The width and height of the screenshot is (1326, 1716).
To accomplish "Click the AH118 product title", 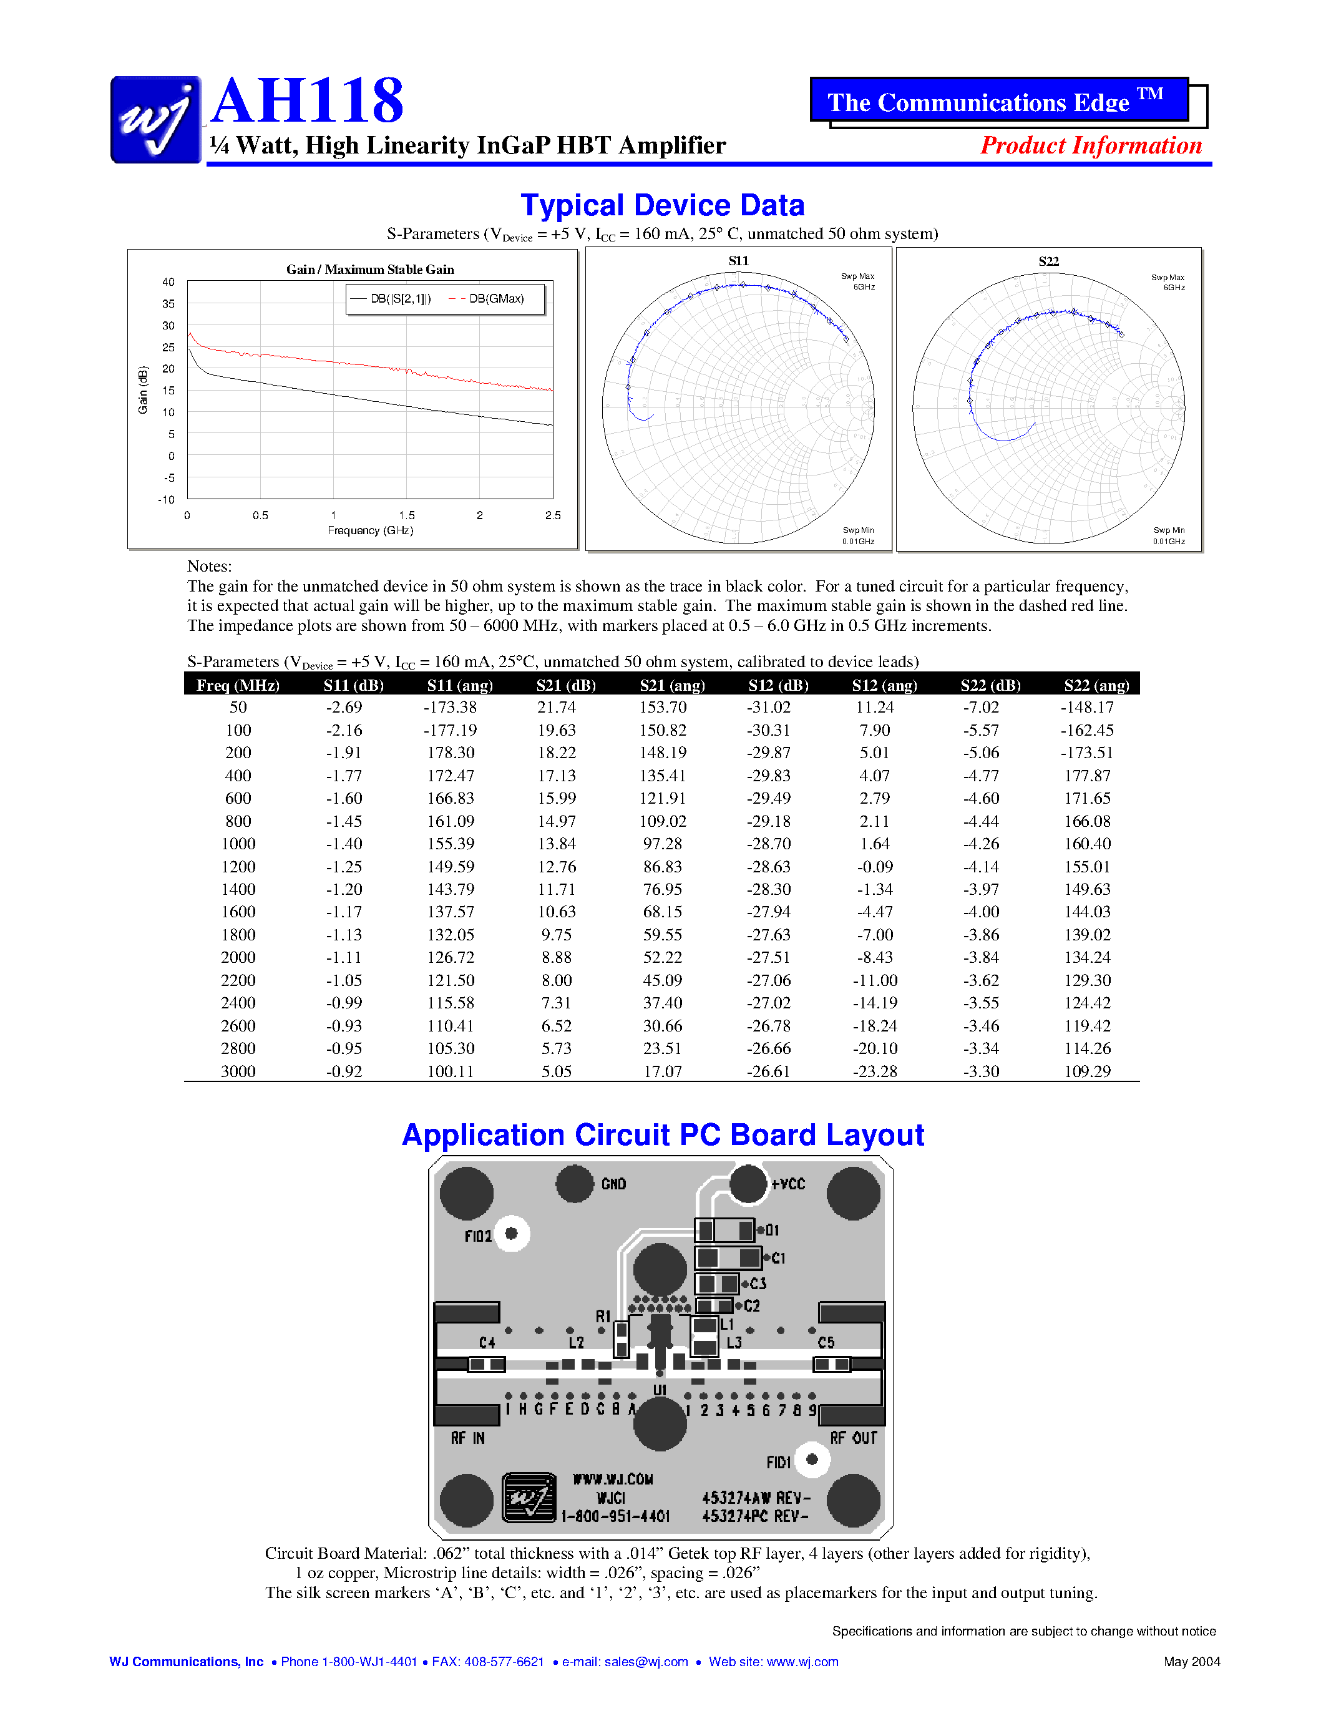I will pyautogui.click(x=307, y=100).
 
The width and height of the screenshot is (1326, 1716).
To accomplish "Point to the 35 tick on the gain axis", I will pyautogui.click(x=168, y=303).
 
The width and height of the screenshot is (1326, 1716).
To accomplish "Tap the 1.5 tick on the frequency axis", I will pyautogui.click(x=406, y=515).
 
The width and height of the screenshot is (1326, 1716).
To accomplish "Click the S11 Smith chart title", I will pyautogui.click(x=738, y=261).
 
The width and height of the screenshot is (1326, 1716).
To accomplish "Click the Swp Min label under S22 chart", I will pyautogui.click(x=1169, y=530).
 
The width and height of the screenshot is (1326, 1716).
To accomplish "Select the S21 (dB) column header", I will pyautogui.click(x=565, y=685).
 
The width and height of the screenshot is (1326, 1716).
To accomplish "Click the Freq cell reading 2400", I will pyautogui.click(x=238, y=1003).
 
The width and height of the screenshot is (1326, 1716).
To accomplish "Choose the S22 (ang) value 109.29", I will pyautogui.click(x=1087, y=1071).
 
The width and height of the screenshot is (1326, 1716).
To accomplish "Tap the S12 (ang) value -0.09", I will pyautogui.click(x=874, y=867).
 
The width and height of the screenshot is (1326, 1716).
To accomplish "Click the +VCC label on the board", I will pyautogui.click(x=788, y=1184).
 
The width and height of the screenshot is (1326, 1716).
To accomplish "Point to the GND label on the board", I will pyautogui.click(x=613, y=1184).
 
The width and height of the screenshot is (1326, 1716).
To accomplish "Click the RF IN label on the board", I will pyautogui.click(x=467, y=1438).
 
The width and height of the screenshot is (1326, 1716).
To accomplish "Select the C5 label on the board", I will pyautogui.click(x=826, y=1343).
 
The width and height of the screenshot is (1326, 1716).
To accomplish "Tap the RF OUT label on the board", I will pyautogui.click(x=853, y=1438).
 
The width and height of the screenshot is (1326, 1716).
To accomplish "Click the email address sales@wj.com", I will pyautogui.click(x=646, y=1662).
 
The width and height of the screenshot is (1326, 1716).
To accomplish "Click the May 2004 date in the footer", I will pyautogui.click(x=1192, y=1662).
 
